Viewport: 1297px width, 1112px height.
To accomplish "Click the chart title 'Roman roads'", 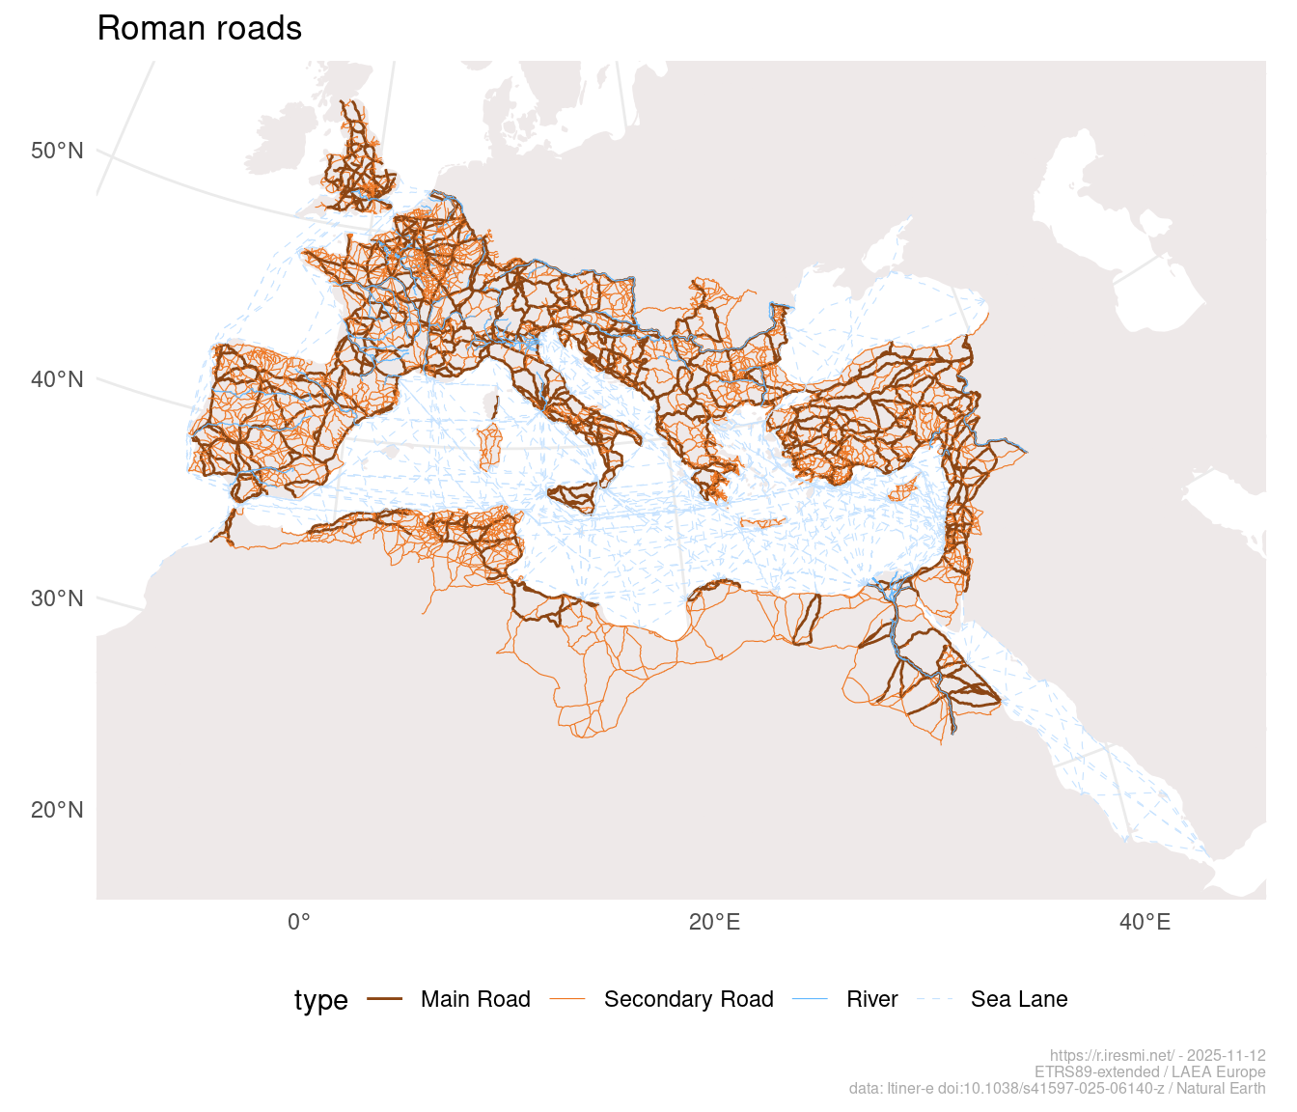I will coord(200,29).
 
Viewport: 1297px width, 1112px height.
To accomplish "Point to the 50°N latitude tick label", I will coord(57,151).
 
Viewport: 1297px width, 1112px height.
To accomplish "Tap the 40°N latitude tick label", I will coord(57,379).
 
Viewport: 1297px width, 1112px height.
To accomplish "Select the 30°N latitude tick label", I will coord(57,598).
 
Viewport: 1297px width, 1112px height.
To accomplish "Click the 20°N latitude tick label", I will coord(57,810).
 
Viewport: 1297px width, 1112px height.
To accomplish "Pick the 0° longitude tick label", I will coord(299,923).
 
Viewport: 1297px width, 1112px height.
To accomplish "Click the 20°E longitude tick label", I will coord(715,923).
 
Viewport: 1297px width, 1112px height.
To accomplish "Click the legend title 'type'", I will coord(320,1000).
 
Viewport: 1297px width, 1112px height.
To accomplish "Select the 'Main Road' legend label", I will coord(476,999).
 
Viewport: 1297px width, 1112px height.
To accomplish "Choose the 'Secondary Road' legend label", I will coord(688,999).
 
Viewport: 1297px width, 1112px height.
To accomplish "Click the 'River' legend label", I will coord(872,999).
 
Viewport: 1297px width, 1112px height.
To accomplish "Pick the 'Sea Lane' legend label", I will coord(1019,999).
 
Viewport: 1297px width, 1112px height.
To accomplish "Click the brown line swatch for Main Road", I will coord(385,1000).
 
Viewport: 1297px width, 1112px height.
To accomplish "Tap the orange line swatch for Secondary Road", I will coord(567,1000).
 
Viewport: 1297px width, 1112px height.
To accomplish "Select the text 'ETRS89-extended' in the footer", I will coord(1096,1072).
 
